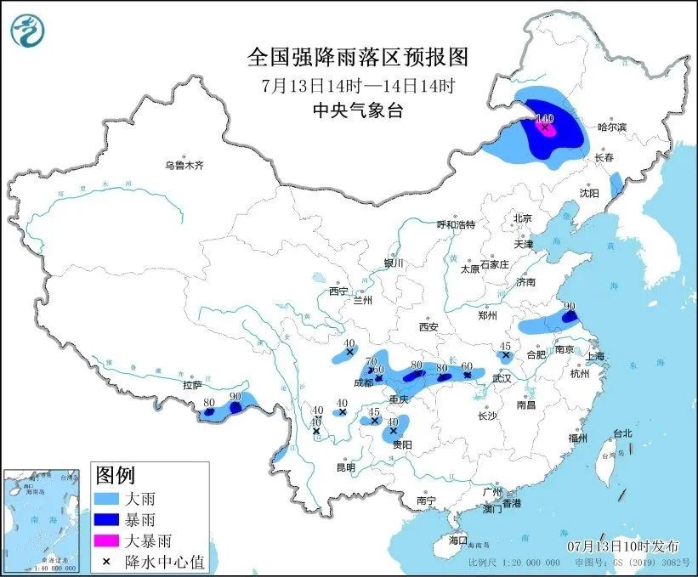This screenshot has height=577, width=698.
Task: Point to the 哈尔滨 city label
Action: (611, 127)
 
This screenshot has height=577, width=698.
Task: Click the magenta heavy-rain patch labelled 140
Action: (547, 130)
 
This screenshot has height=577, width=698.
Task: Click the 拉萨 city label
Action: (191, 385)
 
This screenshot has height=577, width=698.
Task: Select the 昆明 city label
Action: (345, 467)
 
